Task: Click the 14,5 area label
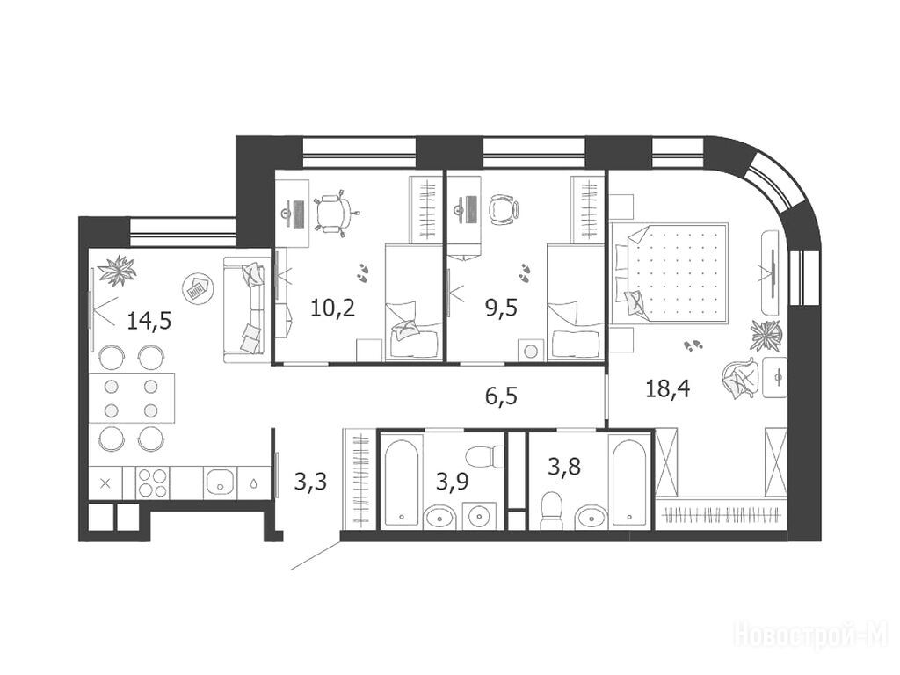(149, 320)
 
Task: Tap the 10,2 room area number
(333, 308)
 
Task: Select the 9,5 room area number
(501, 308)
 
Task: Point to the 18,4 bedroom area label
(668, 389)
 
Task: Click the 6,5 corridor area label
(501, 396)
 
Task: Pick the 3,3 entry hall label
(310, 481)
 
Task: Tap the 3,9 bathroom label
(453, 481)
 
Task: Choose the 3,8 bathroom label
(564, 467)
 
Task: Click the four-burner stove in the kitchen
(153, 483)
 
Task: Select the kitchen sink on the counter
(221, 483)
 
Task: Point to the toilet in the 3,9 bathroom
(483, 457)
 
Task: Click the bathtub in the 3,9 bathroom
(402, 481)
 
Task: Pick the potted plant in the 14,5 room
(117, 271)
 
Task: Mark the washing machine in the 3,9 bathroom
(479, 515)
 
